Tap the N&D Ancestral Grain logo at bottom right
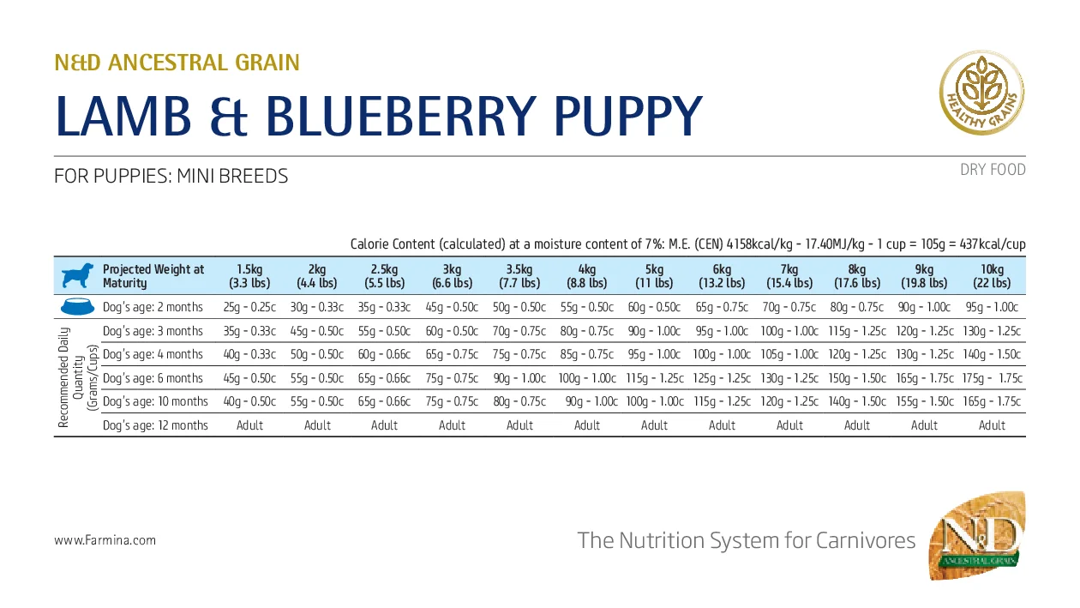[978, 538]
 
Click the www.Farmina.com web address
[105, 540]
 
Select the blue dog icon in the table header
[75, 276]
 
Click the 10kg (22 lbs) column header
[992, 276]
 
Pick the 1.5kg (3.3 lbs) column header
[250, 276]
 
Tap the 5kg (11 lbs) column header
[655, 276]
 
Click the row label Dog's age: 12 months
[155, 425]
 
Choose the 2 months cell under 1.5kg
[250, 307]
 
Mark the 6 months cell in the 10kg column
[992, 378]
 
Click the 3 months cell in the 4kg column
[587, 331]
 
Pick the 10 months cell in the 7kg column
[789, 401]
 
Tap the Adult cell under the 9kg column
[924, 425]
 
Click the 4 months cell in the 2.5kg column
[385, 354]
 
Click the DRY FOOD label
[993, 170]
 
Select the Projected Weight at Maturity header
[153, 276]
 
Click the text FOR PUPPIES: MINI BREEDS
[171, 177]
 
